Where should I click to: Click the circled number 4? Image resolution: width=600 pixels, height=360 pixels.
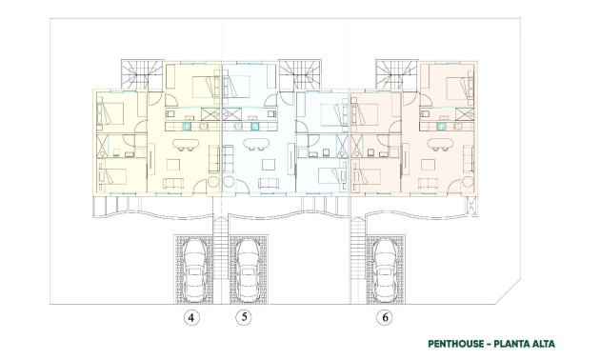click(191, 317)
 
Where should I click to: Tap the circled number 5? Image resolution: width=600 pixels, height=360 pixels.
click(244, 317)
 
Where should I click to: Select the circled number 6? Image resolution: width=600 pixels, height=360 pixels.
click(385, 317)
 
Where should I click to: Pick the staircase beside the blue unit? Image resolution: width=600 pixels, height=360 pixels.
click(296, 72)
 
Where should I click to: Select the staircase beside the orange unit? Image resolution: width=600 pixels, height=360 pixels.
click(393, 72)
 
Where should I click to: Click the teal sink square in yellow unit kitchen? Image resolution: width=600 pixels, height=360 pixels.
click(188, 123)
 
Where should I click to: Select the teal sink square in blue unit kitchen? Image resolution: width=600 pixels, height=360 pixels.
click(256, 123)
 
